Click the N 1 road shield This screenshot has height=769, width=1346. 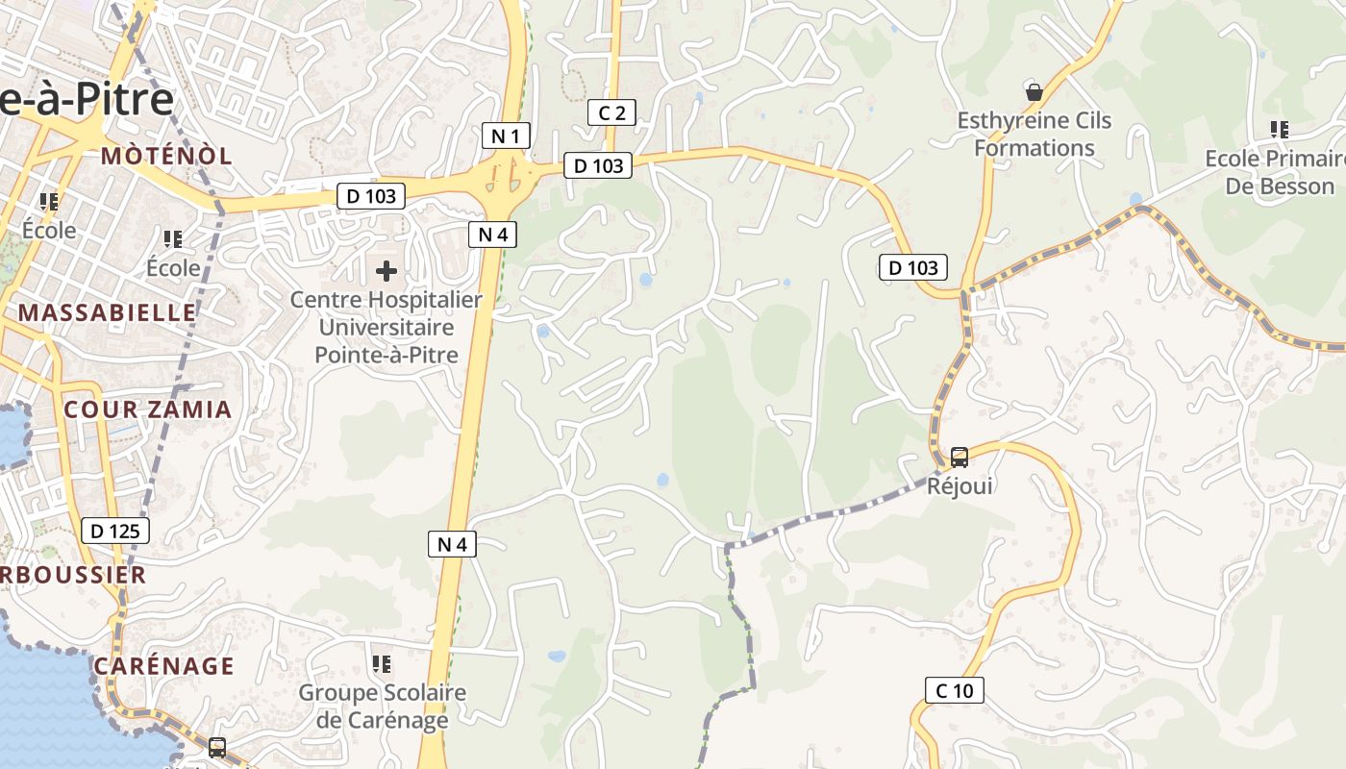click(506, 136)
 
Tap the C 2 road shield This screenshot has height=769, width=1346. click(611, 112)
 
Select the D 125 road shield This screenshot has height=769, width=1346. click(115, 530)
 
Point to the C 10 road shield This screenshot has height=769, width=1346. click(955, 689)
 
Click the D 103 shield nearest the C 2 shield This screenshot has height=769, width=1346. click(598, 165)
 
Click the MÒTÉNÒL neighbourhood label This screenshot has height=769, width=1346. click(166, 156)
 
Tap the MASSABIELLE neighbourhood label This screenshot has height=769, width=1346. click(107, 312)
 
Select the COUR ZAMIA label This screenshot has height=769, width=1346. click(148, 409)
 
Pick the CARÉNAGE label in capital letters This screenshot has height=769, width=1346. click(164, 666)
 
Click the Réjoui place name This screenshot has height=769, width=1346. click(960, 485)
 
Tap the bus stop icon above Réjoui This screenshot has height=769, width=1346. click(959, 457)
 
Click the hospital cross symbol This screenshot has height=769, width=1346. click(386, 271)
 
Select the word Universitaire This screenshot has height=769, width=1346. click(386, 327)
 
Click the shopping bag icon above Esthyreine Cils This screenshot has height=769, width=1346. click(1034, 92)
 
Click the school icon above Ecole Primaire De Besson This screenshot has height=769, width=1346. click(1279, 129)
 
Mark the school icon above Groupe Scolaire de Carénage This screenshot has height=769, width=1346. click(382, 663)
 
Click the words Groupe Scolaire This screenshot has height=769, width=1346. click(382, 692)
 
